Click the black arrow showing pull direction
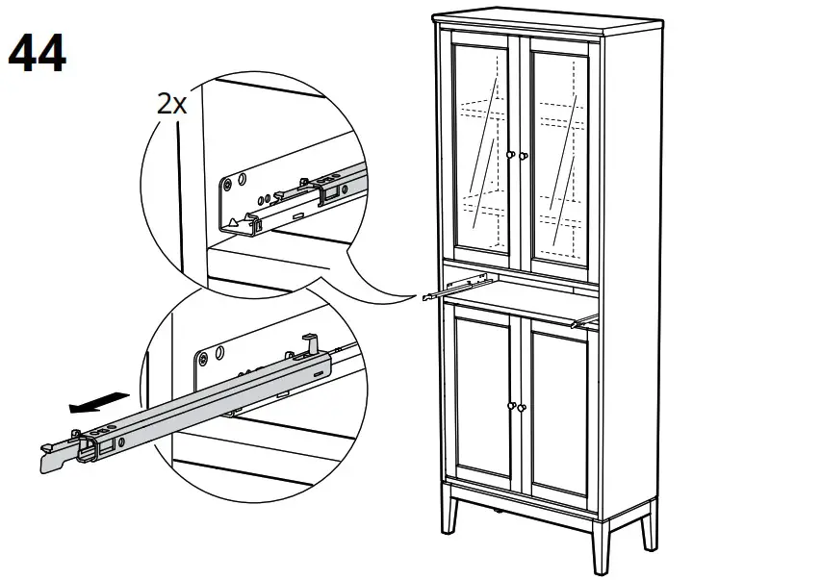point(99,400)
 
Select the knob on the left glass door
point(510,155)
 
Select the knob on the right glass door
point(525,155)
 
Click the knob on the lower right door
point(524,409)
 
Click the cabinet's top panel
point(539,23)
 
